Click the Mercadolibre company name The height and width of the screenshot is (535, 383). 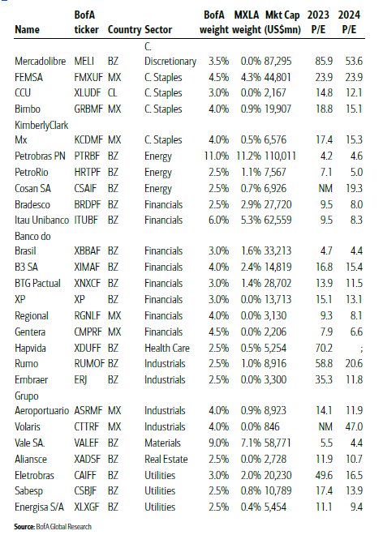tap(40, 61)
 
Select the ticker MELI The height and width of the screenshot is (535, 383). tap(84, 61)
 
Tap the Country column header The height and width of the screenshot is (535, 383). tap(124, 30)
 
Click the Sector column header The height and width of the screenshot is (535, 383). tap(158, 30)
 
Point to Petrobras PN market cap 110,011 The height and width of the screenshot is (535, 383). tap(280, 156)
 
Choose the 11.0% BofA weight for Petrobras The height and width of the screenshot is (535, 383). tap(217, 156)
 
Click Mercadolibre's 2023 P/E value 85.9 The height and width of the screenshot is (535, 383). tap(324, 61)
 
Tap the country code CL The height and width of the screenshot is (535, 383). tap(113, 92)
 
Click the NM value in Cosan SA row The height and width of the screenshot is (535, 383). tap(325, 188)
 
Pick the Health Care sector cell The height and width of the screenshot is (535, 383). tap(167, 348)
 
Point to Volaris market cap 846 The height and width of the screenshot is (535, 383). tap(272, 426)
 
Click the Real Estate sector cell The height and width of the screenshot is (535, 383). tap(166, 459)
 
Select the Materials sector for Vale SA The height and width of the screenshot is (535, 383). tap(162, 443)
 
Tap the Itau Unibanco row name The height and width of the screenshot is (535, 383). tap(41, 220)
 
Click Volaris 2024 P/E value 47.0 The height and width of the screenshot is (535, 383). tap(354, 426)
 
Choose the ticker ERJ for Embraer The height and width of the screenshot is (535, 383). tap(80, 379)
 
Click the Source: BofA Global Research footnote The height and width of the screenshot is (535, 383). tap(53, 526)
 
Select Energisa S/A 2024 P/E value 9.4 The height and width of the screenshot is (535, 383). tap(356, 507)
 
